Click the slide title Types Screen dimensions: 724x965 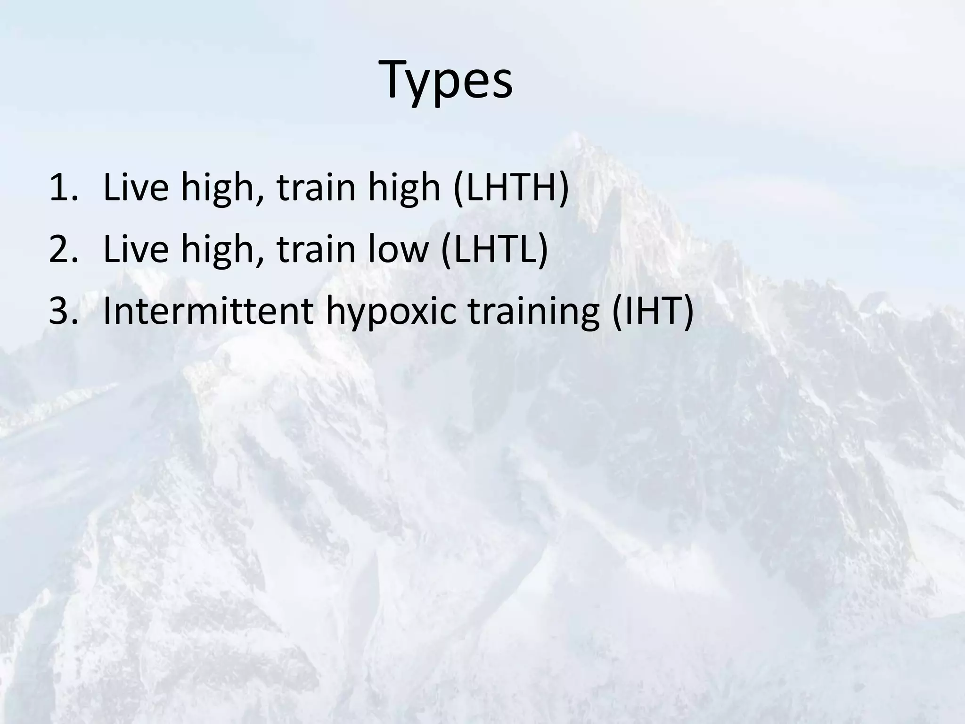tap(447, 80)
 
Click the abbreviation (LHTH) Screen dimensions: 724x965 tap(511, 187)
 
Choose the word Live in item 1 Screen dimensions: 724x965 tap(136, 187)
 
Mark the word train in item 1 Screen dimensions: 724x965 tap(315, 187)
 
